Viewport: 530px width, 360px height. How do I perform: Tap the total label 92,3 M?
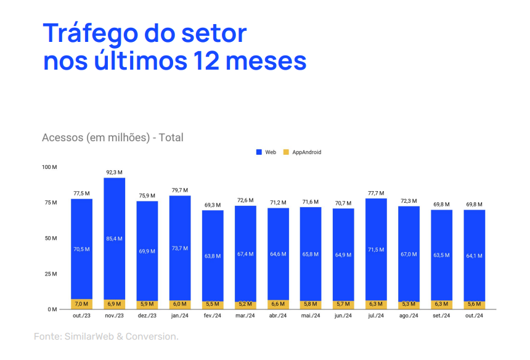[x=115, y=173]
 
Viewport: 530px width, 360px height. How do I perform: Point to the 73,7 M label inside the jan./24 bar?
[x=180, y=248]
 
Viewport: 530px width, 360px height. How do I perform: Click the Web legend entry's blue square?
[x=259, y=152]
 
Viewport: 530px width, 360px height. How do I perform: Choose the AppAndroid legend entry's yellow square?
[x=285, y=152]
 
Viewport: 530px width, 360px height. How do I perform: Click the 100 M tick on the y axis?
[x=49, y=167]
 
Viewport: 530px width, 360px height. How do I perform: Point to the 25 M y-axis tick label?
[x=50, y=274]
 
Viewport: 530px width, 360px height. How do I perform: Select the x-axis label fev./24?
[x=213, y=316]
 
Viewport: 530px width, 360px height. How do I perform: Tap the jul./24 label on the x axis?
[x=376, y=316]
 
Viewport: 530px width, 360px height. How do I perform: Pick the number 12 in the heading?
[x=210, y=61]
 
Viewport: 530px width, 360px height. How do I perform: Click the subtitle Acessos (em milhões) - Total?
[x=113, y=137]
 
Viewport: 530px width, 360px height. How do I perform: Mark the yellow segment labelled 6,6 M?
[x=278, y=305]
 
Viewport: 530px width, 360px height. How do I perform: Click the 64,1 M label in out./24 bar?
[x=474, y=255]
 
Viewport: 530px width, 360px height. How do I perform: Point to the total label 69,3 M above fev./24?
[x=213, y=204]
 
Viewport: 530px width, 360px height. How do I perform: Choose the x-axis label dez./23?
[x=147, y=316]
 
